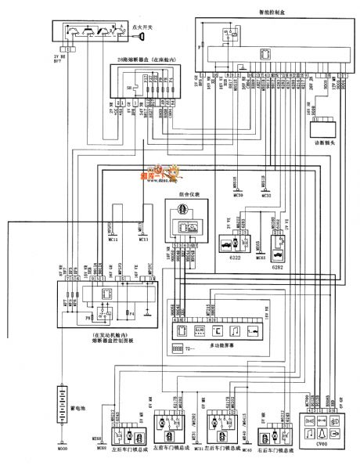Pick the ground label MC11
click(112, 240)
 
